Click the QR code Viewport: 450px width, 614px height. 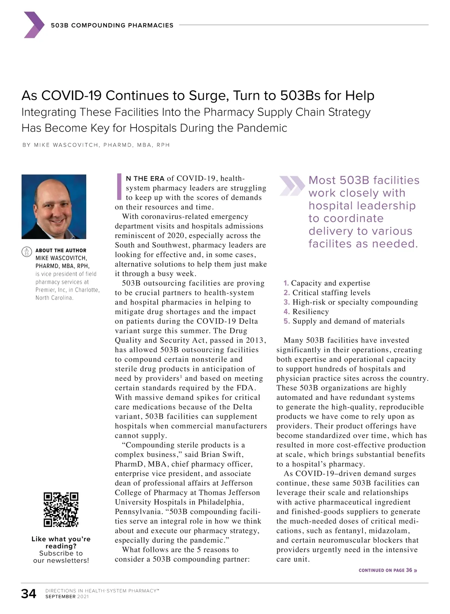tap(61, 509)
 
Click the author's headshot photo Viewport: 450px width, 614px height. tap(54, 207)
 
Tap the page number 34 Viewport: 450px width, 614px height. tap(29, 594)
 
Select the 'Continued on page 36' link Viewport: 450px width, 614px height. tap(388, 570)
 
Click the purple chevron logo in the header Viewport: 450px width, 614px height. tap(34, 25)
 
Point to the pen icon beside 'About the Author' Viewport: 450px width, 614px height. tap(27, 252)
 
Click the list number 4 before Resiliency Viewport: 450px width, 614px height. tap(286, 311)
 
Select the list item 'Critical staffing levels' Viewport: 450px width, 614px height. tap(331, 292)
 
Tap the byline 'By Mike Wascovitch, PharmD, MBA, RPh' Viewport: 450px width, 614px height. tap(96, 145)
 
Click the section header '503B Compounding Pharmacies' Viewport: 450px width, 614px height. tap(112, 25)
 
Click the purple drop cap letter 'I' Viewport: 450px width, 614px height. tap(119, 186)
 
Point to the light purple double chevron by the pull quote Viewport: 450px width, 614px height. tap(292, 186)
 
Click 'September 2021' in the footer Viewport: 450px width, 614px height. tap(67, 596)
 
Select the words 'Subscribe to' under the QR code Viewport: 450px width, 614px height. tap(61, 553)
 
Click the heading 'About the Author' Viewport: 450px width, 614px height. tap(61, 250)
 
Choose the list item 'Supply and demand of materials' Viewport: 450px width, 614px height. tap(348, 321)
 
